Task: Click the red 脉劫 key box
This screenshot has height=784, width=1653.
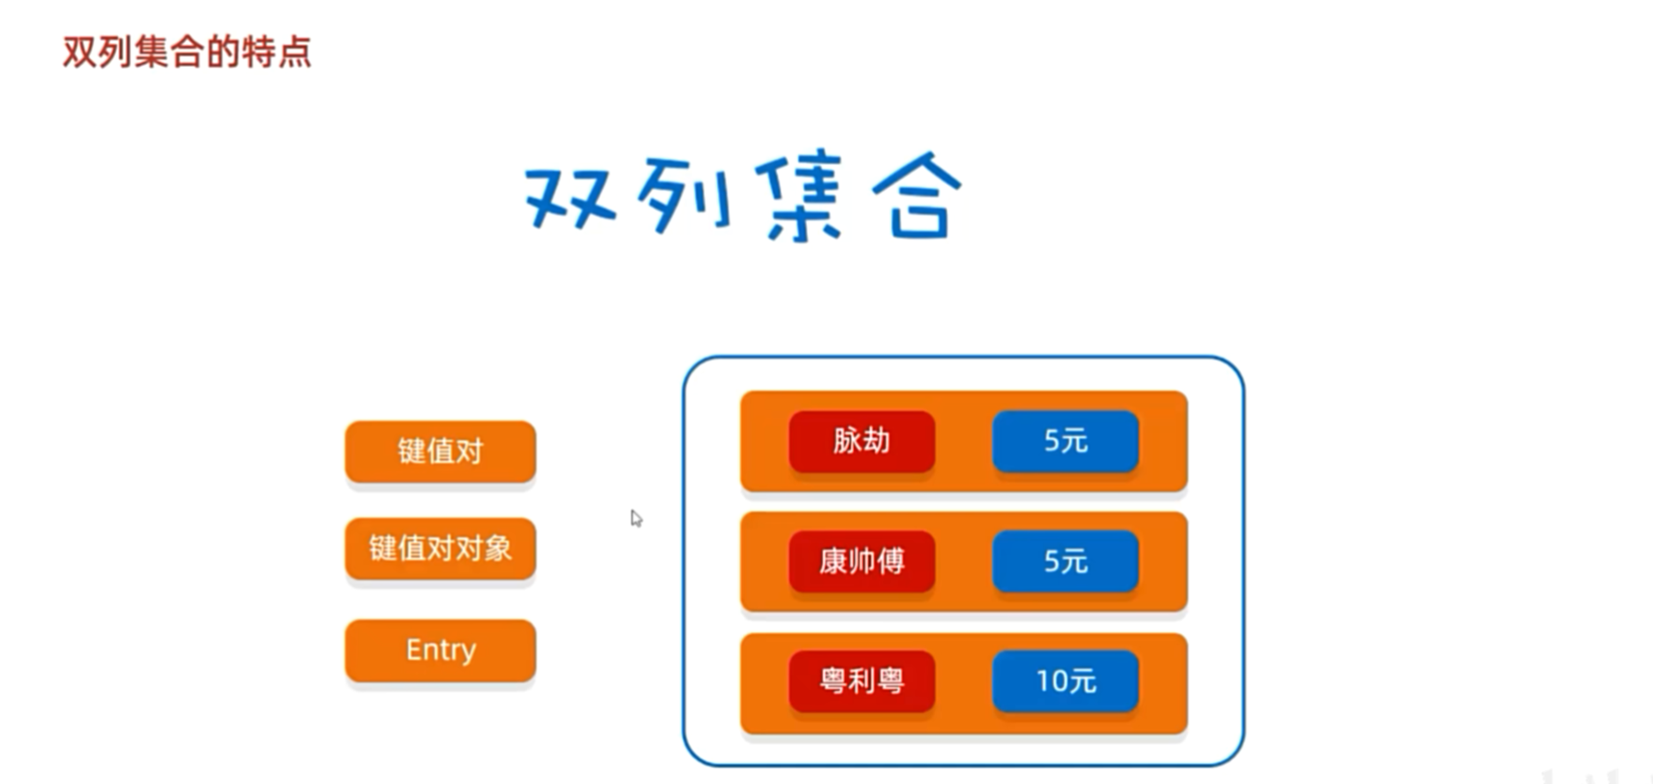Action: [861, 441]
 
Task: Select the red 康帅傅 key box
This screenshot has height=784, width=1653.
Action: [861, 561]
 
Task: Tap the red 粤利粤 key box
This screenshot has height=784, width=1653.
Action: [861, 681]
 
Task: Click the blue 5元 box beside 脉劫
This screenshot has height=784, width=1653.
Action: [1065, 441]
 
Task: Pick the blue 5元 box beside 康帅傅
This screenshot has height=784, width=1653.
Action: [1065, 561]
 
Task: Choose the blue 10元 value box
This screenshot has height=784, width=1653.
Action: [1065, 681]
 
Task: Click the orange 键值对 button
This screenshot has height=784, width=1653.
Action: [440, 451]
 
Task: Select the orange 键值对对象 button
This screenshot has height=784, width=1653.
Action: [440, 548]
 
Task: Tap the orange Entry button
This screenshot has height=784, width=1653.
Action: [440, 650]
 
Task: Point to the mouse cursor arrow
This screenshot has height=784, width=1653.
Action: [635, 517]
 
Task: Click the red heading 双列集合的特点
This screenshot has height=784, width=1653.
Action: [186, 52]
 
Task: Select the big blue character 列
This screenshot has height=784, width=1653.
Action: [684, 196]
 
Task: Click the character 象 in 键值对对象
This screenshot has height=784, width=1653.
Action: [497, 548]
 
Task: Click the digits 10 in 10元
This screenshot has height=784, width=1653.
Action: [1053, 681]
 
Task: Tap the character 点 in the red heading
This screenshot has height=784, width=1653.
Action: [294, 52]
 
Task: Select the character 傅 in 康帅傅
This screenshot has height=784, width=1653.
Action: [891, 561]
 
